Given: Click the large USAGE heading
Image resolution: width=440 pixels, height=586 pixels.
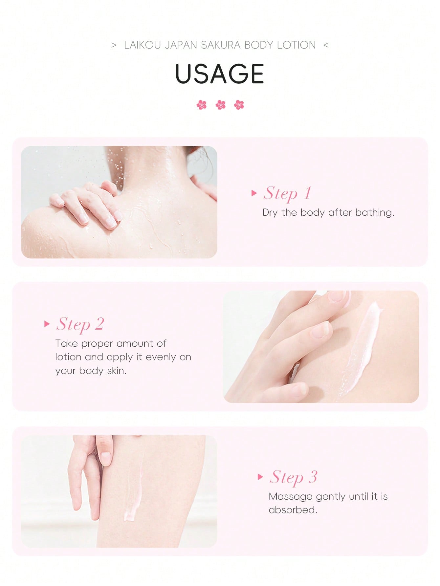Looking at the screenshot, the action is click(220, 74).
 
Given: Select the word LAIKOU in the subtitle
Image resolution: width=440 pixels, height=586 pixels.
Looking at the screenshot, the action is click(143, 45).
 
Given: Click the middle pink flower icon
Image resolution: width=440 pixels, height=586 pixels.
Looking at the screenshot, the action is click(220, 105).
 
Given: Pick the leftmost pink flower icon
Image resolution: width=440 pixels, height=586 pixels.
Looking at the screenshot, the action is click(202, 105).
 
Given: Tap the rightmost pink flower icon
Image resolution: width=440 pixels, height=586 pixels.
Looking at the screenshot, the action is click(239, 105).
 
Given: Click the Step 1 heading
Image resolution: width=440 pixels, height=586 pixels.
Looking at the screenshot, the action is click(287, 193).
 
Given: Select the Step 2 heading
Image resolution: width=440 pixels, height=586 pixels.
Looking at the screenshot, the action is click(80, 324).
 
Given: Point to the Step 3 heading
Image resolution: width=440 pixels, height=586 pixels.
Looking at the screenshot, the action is click(294, 477).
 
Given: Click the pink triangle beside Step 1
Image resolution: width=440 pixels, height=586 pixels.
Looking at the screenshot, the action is click(254, 193).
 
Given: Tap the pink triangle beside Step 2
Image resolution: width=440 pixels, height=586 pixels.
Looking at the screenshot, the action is click(47, 324).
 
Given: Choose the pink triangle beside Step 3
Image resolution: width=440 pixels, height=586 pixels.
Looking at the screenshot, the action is click(260, 477).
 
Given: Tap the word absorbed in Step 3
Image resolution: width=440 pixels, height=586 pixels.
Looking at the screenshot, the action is click(293, 510).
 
